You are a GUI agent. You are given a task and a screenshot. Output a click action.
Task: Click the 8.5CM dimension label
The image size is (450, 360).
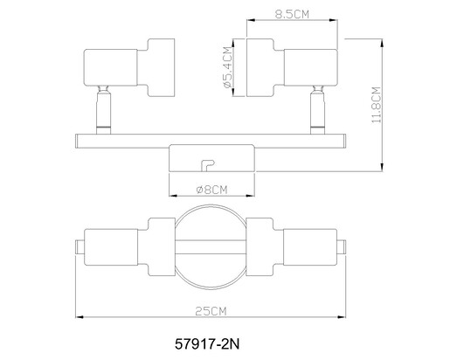pos(292,14)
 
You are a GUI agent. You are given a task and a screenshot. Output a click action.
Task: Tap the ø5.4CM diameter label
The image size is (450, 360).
pos(228,67)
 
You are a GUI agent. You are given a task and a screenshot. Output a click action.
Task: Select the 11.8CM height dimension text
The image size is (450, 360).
pos(377,105)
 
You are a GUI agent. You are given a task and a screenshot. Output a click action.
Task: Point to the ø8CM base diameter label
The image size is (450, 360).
pos(211,190)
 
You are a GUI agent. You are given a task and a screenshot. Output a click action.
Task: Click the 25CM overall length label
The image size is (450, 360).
pos(211,311)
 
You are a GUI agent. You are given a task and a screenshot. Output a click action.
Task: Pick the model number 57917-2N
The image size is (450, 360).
pos(207,344)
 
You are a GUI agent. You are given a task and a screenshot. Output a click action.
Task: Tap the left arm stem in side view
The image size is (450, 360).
pos(103,110)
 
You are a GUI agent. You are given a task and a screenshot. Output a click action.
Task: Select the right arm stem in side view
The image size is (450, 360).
pos(317,110)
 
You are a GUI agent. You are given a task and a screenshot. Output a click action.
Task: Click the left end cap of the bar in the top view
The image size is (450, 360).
pos(80,247)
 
